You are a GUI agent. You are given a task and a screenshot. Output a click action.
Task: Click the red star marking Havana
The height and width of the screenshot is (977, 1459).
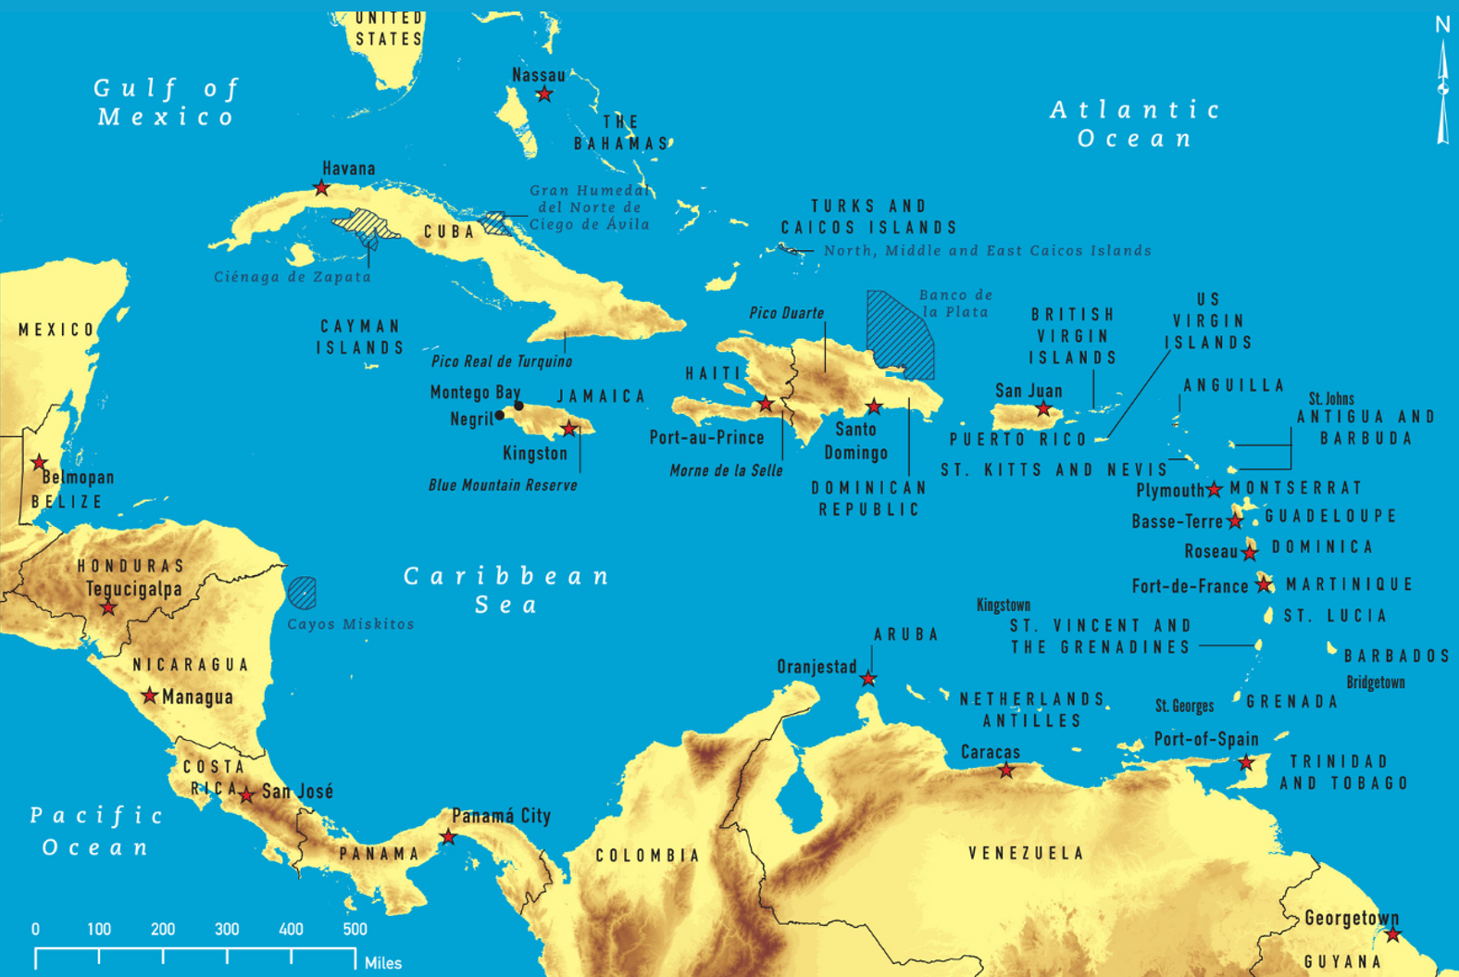tap(321, 188)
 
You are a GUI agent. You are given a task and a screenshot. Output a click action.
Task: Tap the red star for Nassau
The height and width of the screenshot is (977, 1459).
tap(544, 94)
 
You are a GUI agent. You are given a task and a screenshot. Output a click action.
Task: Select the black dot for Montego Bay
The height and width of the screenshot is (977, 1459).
tap(519, 406)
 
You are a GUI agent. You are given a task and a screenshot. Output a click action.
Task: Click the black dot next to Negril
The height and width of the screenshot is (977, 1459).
tap(500, 416)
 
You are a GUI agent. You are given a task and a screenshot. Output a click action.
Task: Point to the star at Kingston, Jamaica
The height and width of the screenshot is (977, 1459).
tap(569, 429)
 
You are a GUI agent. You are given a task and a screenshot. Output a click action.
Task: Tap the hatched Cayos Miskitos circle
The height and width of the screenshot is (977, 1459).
tap(302, 592)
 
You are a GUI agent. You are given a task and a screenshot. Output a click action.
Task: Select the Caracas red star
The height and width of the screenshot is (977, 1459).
tap(1006, 770)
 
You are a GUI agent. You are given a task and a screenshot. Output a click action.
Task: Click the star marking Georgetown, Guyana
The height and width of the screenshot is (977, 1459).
tap(1393, 934)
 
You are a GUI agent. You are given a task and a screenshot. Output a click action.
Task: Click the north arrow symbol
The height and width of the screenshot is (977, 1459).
tap(1442, 88)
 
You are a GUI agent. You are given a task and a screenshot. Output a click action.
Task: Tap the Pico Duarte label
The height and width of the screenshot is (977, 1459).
tap(786, 313)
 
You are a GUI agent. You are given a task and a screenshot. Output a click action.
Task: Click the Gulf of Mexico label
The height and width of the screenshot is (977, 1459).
tap(167, 102)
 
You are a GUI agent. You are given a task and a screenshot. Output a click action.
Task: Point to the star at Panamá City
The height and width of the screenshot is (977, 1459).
tap(448, 837)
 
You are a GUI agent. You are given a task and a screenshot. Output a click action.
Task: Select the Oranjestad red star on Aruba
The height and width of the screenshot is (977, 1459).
tap(867, 679)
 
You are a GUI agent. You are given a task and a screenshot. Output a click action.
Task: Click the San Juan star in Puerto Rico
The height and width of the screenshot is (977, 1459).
tap(1043, 408)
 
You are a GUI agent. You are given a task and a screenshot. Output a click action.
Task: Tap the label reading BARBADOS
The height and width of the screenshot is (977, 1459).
tap(1396, 656)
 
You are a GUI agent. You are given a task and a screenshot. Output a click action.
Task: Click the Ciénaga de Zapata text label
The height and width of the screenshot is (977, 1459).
tap(293, 277)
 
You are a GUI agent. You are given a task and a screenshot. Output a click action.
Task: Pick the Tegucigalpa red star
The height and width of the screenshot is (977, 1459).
tap(108, 607)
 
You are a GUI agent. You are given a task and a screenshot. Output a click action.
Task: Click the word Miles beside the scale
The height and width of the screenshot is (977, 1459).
tap(383, 963)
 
